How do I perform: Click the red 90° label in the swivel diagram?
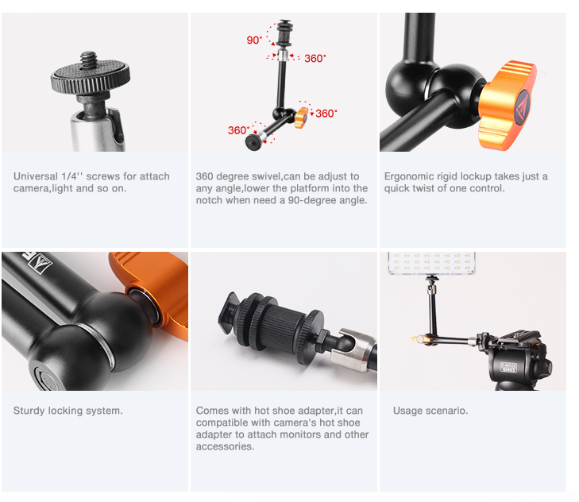pos(254,40)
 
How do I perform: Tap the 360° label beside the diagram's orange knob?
pos(326,114)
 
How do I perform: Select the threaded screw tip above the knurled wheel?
pos(89,60)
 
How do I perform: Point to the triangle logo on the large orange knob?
pos(523,105)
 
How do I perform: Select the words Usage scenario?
pos(430,411)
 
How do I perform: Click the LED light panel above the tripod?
pos(431,263)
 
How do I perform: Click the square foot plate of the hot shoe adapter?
pos(227,312)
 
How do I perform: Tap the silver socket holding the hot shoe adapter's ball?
pos(353,349)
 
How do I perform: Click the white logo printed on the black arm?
pos(40,262)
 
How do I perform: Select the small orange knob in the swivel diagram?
pos(301,118)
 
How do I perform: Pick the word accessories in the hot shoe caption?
pos(225,446)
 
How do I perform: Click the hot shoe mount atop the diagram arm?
pos(284,33)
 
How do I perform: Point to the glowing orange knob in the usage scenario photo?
pos(421,338)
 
